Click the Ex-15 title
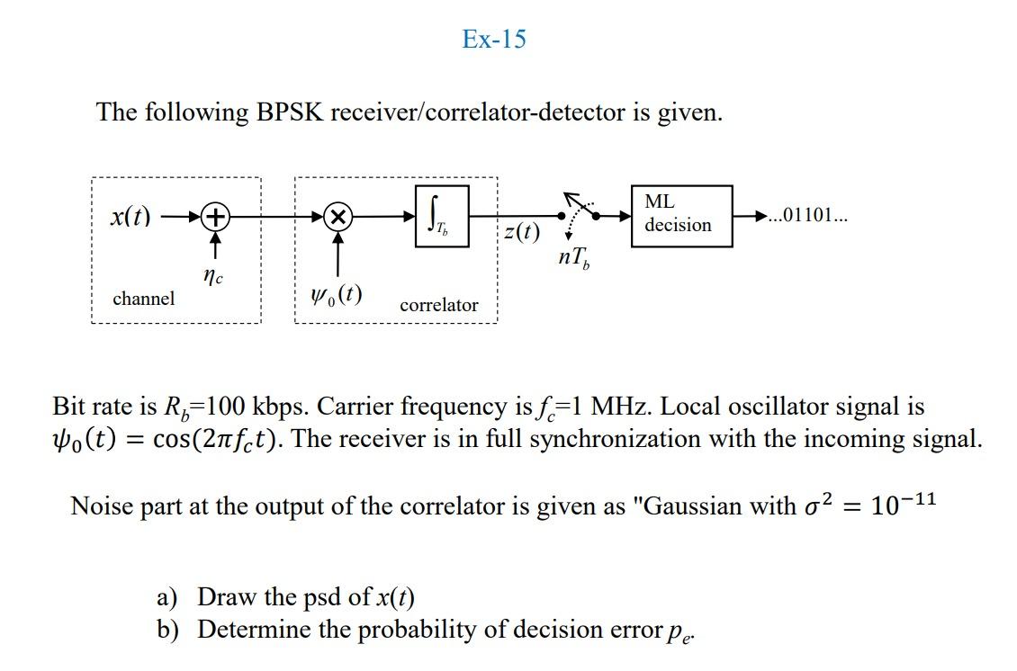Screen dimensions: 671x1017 tap(493, 40)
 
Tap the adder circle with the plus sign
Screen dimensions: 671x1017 tap(216, 217)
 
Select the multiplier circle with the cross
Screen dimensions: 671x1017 tap(337, 217)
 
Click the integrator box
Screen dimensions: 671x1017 tap(442, 216)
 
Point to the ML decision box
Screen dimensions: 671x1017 tap(682, 214)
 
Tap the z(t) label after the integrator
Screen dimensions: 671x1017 tap(522, 233)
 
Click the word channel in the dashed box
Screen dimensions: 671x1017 tap(144, 299)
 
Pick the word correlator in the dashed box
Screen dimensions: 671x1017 tap(439, 306)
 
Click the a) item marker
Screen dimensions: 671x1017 tap(166, 597)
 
